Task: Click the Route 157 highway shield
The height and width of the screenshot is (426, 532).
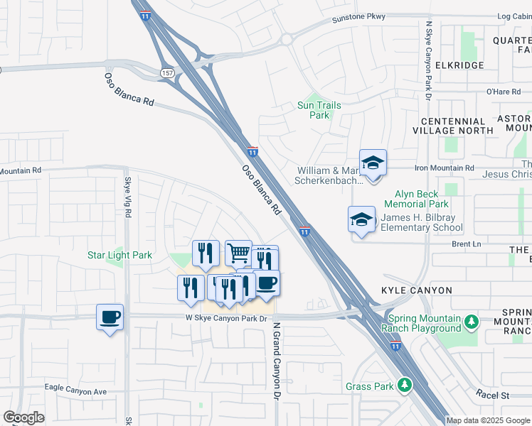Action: pos(167,73)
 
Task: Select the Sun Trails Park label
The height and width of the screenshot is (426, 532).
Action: pos(319,110)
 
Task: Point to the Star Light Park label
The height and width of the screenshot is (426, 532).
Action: pos(119,255)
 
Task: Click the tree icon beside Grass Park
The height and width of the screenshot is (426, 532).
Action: pos(405,386)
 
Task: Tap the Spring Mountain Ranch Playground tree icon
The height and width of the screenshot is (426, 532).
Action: pos(472,323)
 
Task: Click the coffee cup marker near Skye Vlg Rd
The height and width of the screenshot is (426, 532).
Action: pos(110,317)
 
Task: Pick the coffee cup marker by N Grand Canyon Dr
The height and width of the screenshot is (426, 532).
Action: pos(267,283)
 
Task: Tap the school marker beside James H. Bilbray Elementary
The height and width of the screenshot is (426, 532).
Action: pos(361,219)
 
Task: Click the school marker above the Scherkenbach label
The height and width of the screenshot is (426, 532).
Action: pos(373,163)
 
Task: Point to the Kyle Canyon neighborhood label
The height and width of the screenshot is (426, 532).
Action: pos(416,291)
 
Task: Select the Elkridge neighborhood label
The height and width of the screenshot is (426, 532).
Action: pos(459,65)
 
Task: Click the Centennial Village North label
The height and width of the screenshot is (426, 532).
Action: pos(457,126)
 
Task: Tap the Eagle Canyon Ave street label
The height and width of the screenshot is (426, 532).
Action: pos(75,391)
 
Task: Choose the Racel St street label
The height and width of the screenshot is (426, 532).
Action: pos(494,394)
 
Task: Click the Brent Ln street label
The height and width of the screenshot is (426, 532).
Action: pos(466,244)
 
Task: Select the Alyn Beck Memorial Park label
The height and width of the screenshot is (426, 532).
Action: pos(429,199)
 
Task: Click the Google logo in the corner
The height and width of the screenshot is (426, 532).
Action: pos(23,418)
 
